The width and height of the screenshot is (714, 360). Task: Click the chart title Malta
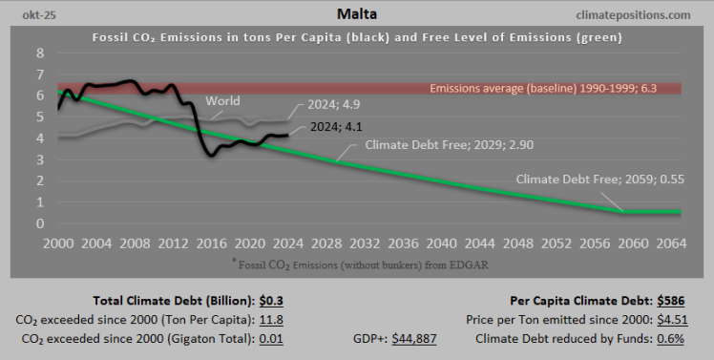[357, 14]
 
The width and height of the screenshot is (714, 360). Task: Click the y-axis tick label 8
[39, 53]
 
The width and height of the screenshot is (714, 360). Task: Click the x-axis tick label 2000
[59, 243]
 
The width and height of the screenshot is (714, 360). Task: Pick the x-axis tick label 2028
[328, 243]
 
